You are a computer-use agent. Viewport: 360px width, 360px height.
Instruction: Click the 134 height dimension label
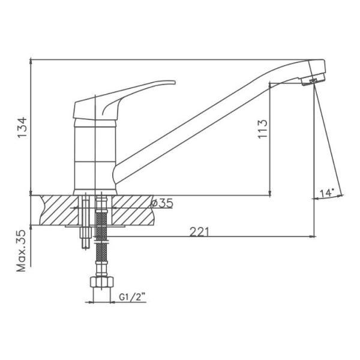(x=23, y=128)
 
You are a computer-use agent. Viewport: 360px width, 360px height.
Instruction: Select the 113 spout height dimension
(x=263, y=129)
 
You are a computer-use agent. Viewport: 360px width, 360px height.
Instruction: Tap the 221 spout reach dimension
(x=199, y=232)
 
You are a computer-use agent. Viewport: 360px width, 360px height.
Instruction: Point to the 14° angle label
(x=327, y=193)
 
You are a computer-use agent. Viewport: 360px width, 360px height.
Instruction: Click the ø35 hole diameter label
(x=162, y=203)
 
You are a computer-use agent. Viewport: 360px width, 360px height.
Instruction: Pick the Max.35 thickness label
(x=22, y=251)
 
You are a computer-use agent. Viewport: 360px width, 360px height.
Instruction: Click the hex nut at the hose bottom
(x=102, y=282)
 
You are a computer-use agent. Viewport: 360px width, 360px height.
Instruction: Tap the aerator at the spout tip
(x=313, y=79)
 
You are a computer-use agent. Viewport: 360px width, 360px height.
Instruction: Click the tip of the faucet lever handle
(x=175, y=82)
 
